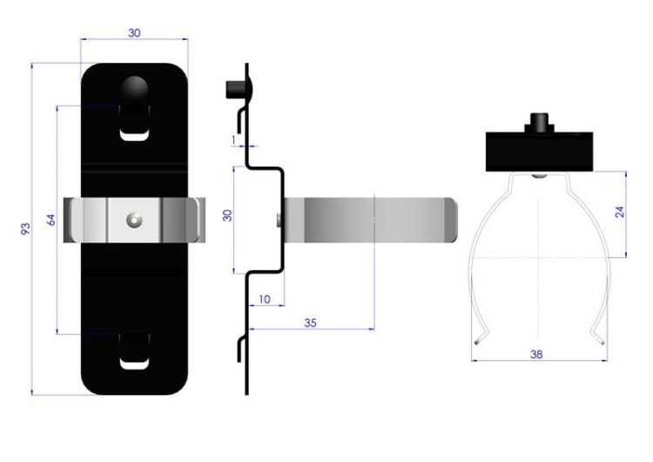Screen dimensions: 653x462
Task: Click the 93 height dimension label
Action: point(26,229)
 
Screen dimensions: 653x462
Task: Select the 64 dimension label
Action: point(50,220)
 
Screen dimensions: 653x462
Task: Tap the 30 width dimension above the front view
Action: point(134,33)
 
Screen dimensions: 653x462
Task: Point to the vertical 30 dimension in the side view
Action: point(227,215)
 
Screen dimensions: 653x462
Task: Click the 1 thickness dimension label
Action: point(233,140)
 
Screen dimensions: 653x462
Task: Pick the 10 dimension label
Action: point(265,299)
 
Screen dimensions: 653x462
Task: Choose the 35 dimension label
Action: point(310,323)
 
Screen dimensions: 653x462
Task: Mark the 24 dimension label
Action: point(620,212)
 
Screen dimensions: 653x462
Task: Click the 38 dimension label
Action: point(536,355)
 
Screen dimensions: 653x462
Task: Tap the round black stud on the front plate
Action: point(134,89)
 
